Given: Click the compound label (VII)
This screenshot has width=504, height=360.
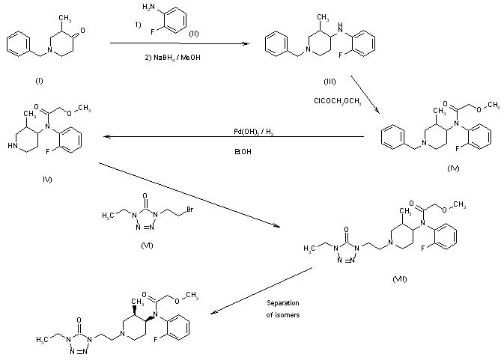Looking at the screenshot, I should coord(399,277).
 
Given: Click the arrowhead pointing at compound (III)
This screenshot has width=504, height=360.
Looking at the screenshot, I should coord(247,45).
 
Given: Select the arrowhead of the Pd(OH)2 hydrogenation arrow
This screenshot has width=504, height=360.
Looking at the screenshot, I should coord(105,138).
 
